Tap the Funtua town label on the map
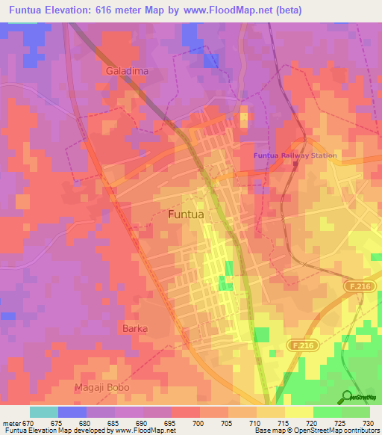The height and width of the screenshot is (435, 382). tap(187, 214)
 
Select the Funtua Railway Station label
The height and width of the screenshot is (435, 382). tap(295, 155)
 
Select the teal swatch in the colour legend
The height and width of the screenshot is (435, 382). tap(44, 412)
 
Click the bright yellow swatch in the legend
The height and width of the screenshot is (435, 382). tap(299, 412)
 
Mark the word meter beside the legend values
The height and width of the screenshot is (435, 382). tap(10, 423)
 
